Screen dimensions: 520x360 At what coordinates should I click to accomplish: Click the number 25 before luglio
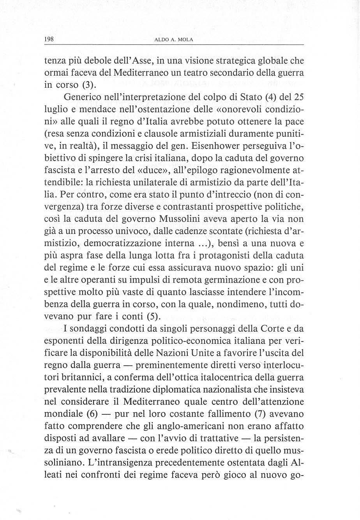tap(297, 97)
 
